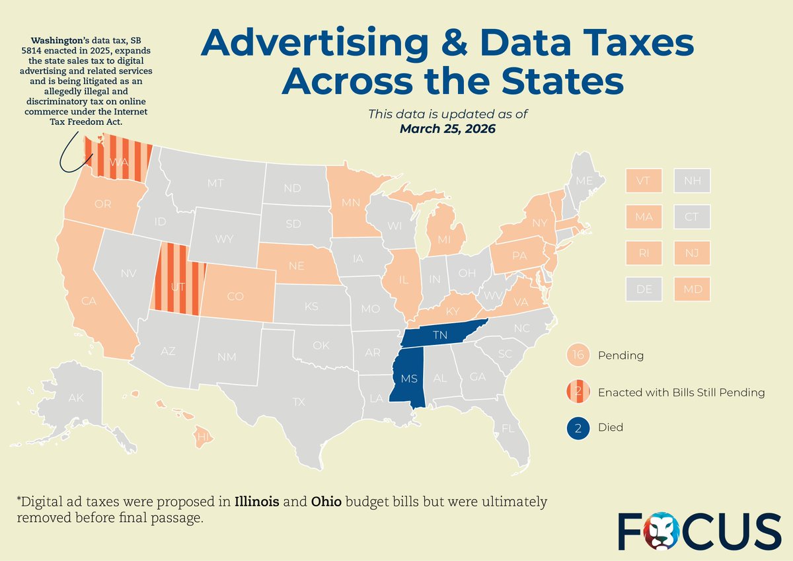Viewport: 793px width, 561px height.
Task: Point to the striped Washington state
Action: click(x=119, y=161)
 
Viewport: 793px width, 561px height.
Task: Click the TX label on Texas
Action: click(x=299, y=401)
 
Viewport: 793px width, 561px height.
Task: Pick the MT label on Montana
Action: click(x=215, y=183)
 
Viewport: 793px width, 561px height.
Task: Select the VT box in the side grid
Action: click(x=643, y=180)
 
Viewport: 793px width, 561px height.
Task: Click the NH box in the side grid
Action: click(x=692, y=180)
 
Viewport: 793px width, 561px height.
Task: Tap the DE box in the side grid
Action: click(x=643, y=288)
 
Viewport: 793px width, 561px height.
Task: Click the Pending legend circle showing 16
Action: click(x=578, y=355)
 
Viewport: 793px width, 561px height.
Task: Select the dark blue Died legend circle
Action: click(x=578, y=428)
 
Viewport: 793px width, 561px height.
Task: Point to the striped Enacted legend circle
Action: click(x=578, y=392)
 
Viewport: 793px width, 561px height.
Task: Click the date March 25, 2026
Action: click(x=447, y=128)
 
